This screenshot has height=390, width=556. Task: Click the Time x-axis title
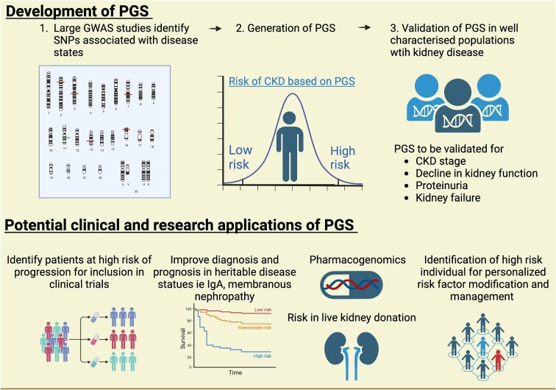point(234,373)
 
